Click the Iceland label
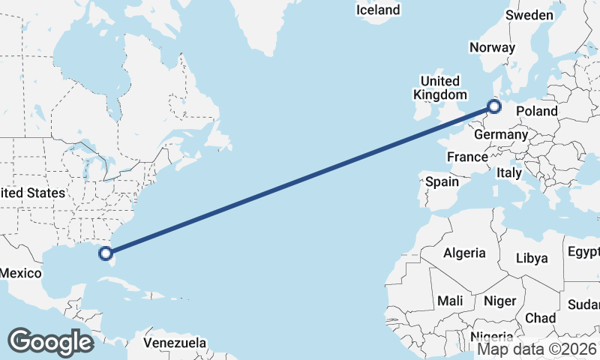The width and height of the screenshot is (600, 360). pyautogui.click(x=378, y=10)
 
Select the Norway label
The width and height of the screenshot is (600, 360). pyautogui.click(x=492, y=47)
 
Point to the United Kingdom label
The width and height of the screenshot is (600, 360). pyautogui.click(x=439, y=88)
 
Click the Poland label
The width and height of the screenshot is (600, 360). pyautogui.click(x=537, y=111)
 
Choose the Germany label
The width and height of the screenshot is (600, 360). pyautogui.click(x=501, y=134)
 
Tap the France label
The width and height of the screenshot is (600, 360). pyautogui.click(x=467, y=157)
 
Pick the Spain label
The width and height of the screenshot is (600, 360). pyautogui.click(x=442, y=181)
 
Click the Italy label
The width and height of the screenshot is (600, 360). pyautogui.click(x=510, y=172)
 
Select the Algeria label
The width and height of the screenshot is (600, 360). pyautogui.click(x=464, y=253)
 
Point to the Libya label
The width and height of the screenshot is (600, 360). pyautogui.click(x=532, y=258)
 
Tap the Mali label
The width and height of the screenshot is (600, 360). pyautogui.click(x=450, y=301)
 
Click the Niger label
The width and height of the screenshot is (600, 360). pyautogui.click(x=500, y=301)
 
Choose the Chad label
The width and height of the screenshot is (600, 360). pyautogui.click(x=540, y=318)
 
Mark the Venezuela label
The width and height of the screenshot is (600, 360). pyautogui.click(x=175, y=343)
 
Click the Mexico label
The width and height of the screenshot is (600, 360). pyautogui.click(x=20, y=273)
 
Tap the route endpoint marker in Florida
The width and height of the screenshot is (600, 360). pyautogui.click(x=106, y=253)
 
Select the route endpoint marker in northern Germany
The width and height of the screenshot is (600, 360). pyautogui.click(x=493, y=106)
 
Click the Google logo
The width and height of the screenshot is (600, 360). pyautogui.click(x=50, y=341)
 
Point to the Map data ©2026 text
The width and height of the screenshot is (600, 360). pyautogui.click(x=538, y=349)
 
